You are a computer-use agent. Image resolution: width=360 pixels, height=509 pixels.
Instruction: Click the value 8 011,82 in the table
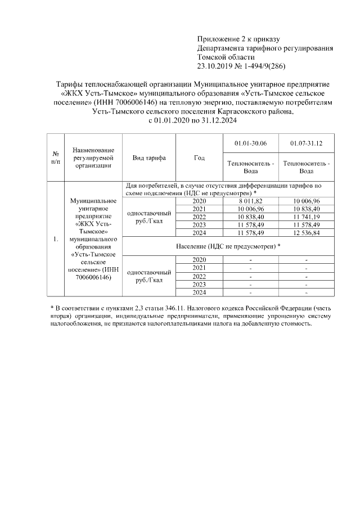click(x=251, y=201)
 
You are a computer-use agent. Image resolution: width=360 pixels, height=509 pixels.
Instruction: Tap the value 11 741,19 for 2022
click(x=306, y=217)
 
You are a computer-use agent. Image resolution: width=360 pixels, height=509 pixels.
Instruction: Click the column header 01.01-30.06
click(x=251, y=144)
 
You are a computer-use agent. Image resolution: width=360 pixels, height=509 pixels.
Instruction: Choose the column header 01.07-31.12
click(x=306, y=144)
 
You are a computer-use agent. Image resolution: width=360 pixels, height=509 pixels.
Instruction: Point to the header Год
click(x=199, y=158)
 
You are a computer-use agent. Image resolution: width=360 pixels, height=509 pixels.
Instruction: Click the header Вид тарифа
click(x=149, y=158)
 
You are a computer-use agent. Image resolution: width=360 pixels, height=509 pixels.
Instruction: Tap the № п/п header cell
click(x=56, y=158)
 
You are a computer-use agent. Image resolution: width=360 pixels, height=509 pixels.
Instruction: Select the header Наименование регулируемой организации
click(x=93, y=158)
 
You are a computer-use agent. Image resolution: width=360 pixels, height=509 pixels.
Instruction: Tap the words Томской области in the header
click(x=226, y=57)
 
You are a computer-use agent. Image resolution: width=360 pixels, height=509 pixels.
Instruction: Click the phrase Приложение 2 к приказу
click(x=238, y=39)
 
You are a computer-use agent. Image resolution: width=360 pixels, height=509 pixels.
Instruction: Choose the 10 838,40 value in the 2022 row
click(x=251, y=217)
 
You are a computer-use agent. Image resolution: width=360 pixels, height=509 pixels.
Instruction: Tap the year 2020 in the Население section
click(x=199, y=259)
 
